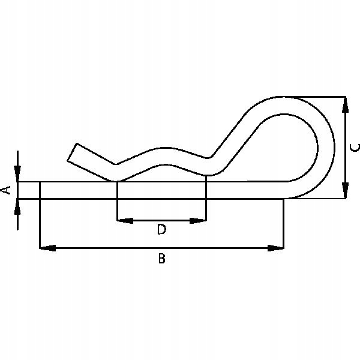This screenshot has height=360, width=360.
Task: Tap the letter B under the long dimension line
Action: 161,259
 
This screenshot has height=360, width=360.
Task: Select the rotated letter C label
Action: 354,147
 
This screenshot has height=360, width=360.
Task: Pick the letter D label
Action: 161,229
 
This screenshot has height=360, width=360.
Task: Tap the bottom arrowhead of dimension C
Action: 345,190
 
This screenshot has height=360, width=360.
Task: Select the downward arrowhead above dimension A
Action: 18,174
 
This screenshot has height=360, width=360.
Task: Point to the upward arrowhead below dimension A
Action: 18,205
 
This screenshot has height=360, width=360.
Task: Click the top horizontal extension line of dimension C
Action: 318,96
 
